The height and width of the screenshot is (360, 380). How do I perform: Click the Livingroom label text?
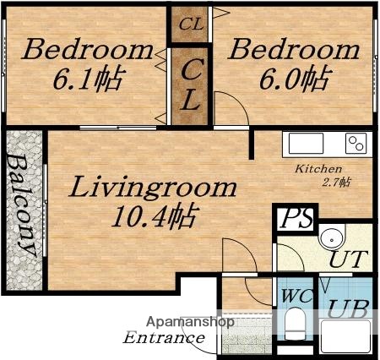tap(153, 188)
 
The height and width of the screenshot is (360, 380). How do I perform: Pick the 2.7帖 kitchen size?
tap(336, 183)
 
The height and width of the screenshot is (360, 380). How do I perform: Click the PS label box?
tap(296, 219)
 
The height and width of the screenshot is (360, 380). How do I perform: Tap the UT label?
tap(346, 259)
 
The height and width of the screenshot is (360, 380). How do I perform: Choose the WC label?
tap(296, 297)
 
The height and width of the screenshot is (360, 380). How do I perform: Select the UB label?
tap(346, 309)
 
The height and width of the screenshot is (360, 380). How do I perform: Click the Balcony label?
tap(22, 205)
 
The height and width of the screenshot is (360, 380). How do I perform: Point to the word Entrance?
tap(164, 338)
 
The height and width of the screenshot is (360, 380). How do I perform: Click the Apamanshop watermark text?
tap(191, 322)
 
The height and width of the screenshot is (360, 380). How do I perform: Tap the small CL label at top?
tap(191, 24)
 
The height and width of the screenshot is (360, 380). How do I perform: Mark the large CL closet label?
tap(191, 83)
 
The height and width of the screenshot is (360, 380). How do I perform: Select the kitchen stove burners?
tap(356, 144)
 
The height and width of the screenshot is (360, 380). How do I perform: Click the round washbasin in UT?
tap(331, 237)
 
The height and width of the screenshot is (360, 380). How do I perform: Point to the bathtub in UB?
tap(346, 338)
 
